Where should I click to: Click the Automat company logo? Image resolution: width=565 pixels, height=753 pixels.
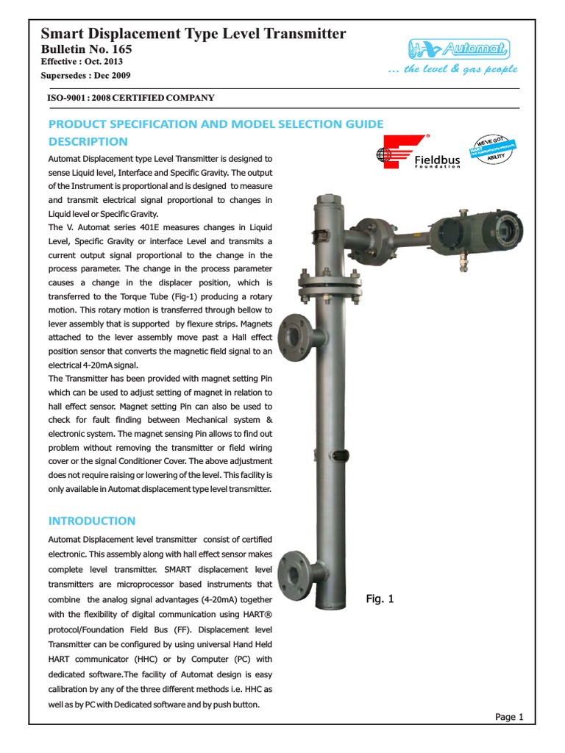[x=459, y=49]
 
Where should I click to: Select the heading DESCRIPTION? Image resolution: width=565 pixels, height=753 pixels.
[x=88, y=141]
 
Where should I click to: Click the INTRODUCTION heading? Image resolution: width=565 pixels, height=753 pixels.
[x=92, y=521]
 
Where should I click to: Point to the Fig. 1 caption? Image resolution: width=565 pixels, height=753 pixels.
[x=380, y=599]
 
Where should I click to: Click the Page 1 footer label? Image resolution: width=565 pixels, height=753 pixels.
[x=509, y=717]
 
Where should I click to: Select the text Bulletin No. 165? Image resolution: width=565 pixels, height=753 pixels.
[x=86, y=49]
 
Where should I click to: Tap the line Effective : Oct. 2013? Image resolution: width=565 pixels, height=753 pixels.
[x=82, y=62]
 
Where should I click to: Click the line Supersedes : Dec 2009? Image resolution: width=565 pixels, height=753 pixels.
[x=86, y=76]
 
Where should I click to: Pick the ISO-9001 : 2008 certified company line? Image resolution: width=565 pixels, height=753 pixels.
[x=131, y=97]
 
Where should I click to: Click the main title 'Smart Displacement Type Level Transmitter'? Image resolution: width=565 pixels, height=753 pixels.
[x=193, y=33]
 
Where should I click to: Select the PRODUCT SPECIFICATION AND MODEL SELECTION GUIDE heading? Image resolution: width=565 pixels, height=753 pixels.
[x=216, y=124]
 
